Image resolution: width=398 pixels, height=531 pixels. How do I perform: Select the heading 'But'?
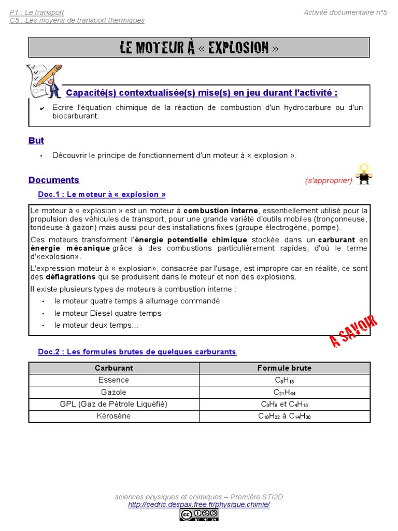pos(36,141)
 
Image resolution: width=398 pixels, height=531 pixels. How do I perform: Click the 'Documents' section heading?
pos(54,180)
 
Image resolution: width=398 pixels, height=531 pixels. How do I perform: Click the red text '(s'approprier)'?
pos(329,180)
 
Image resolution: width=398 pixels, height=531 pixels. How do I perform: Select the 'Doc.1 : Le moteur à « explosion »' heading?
pos(102,194)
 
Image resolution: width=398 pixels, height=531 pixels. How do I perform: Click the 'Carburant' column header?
pos(114,368)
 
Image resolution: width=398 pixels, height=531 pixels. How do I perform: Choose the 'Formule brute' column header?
pos(285,368)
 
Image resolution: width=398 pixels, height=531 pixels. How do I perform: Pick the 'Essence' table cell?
pos(113,380)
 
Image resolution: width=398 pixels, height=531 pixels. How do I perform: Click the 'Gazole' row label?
pos(113,392)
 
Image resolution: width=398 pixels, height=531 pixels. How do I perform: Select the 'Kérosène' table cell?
pos(113,416)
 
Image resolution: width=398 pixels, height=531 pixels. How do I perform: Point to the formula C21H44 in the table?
pos(285,393)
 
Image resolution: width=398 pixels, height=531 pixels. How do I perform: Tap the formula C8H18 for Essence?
pos(285,380)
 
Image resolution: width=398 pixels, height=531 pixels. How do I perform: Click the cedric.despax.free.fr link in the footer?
pos(199,504)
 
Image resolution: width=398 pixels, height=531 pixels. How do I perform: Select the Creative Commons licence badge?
pos(199,514)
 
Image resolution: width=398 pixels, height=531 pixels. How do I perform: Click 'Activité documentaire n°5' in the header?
pos(345,12)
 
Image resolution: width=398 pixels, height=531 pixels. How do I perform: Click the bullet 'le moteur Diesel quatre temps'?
pos(108,313)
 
